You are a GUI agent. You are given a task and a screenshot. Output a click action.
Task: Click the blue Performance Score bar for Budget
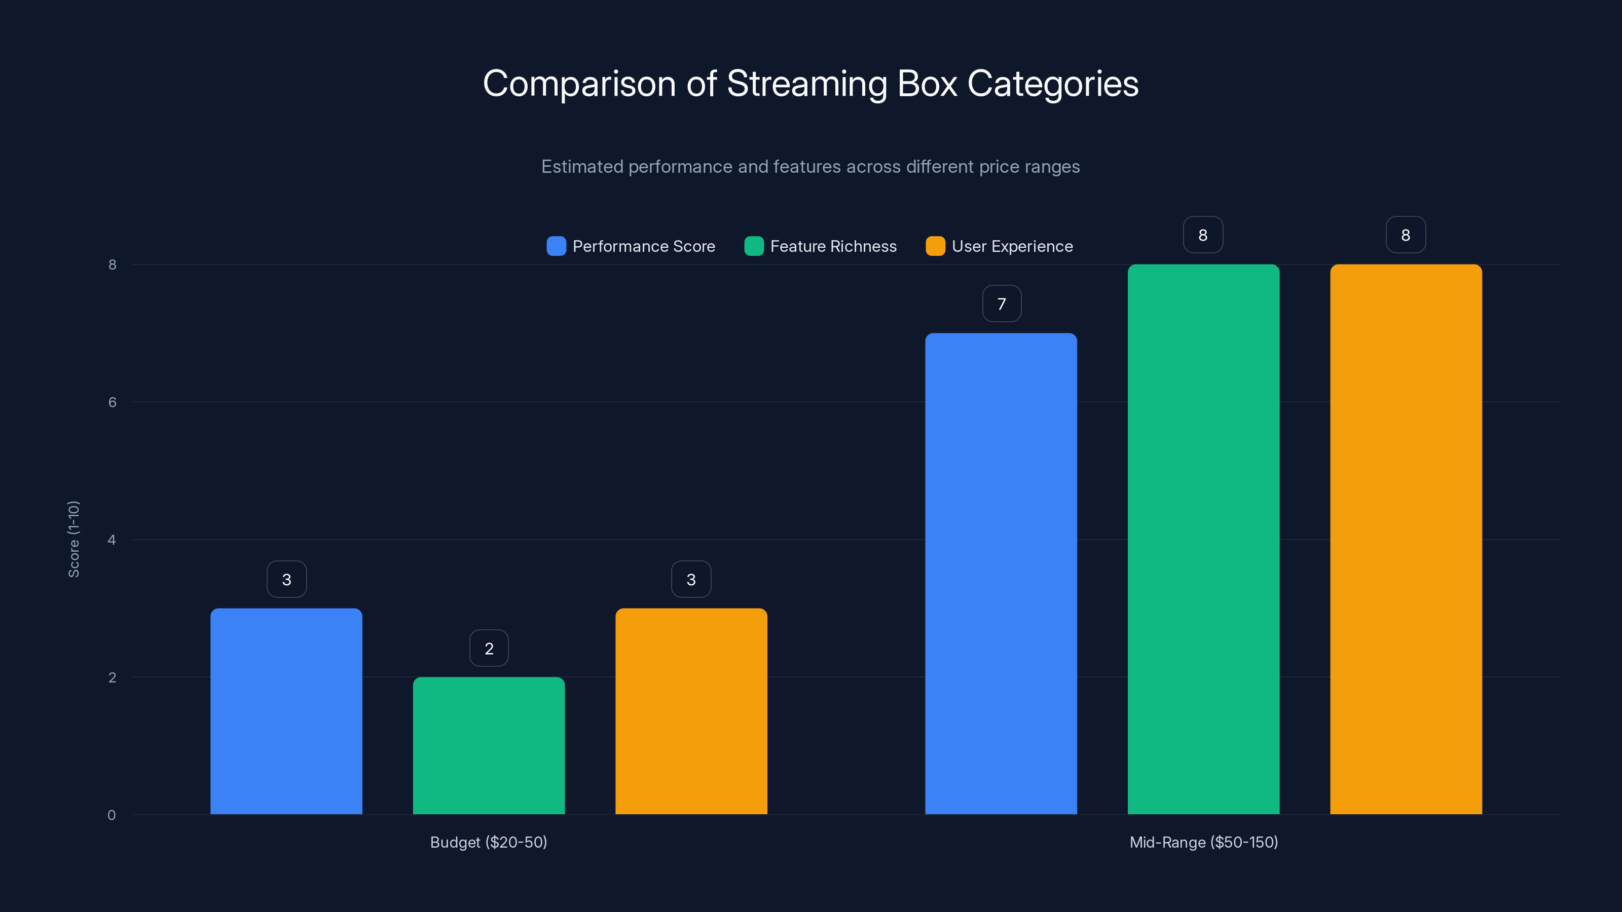pos(286,711)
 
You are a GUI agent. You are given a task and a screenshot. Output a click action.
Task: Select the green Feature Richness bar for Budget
pos(489,746)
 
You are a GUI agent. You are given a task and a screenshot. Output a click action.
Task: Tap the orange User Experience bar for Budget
pos(691,711)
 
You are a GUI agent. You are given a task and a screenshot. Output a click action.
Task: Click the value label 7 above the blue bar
pos(1001,304)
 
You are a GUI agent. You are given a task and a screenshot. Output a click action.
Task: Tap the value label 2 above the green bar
pos(489,649)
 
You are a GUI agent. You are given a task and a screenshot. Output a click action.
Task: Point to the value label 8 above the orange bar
pos(1406,235)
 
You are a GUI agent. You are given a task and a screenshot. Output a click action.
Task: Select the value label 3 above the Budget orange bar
pos(691,579)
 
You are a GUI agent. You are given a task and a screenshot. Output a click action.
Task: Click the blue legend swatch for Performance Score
pos(556,246)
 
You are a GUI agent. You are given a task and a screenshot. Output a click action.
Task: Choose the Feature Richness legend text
pos(833,246)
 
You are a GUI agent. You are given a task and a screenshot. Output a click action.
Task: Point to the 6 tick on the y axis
pos(112,402)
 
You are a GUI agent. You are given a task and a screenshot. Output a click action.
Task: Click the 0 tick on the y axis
pos(112,815)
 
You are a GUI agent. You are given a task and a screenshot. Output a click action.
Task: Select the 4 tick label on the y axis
pos(112,540)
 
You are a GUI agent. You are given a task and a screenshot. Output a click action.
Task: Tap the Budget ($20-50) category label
pos(489,842)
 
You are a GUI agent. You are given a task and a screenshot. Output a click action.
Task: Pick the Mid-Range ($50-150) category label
pos(1203,842)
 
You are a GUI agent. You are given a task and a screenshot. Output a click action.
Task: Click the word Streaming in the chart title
pos(806,84)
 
